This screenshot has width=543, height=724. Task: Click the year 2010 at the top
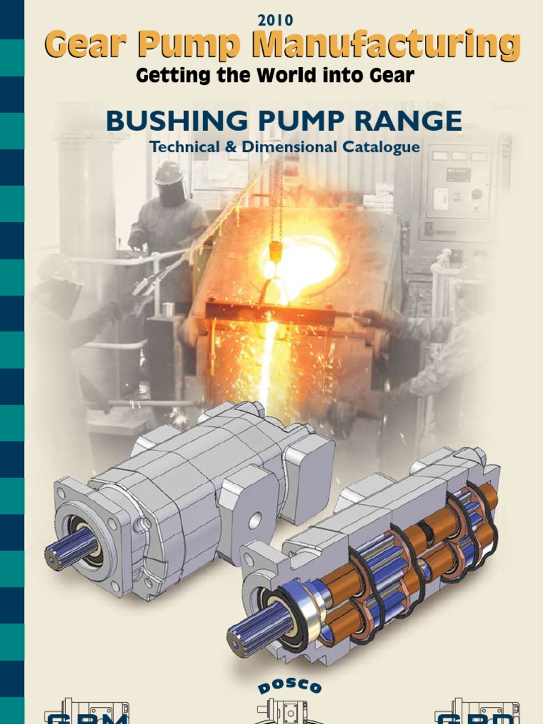tap(275, 21)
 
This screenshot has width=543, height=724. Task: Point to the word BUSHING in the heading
tap(168, 122)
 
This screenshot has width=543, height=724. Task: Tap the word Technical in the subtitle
tap(179, 148)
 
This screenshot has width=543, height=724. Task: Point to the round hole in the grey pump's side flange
tap(254, 520)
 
